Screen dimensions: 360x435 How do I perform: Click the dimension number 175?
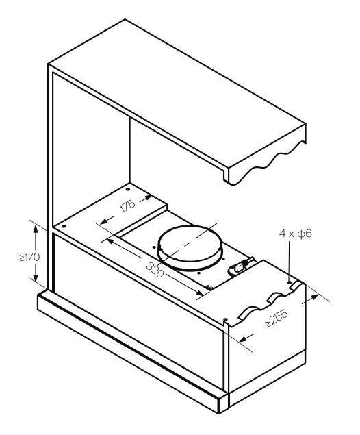point(127,206)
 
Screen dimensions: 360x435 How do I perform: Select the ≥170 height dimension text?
point(29,257)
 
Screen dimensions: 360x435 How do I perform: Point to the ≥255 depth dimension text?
point(277,319)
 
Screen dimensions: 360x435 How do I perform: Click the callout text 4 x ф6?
point(296,234)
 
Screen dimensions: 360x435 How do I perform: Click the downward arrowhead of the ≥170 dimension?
point(36,276)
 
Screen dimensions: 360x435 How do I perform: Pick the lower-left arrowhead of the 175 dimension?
point(104,221)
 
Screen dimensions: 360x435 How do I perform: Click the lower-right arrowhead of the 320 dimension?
point(200,293)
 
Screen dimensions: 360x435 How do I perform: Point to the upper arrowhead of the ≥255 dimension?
point(314,297)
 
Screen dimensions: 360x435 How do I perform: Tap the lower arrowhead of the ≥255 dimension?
point(244,339)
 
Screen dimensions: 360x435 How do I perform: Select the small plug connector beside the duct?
point(240,266)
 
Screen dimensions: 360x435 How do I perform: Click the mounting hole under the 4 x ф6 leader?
point(290,282)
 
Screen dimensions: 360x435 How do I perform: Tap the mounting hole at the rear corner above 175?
point(128,190)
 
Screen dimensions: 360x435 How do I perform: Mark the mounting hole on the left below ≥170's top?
point(64,226)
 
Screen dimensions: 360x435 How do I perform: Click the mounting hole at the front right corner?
point(226,320)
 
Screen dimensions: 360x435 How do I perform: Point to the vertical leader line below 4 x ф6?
point(290,260)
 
